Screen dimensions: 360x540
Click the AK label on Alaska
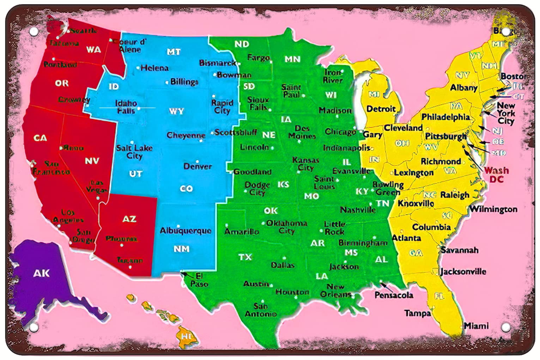pyautogui.click(x=42, y=273)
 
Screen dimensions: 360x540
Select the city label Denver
pyautogui.click(x=198, y=166)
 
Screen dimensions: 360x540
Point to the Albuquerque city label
pyautogui.click(x=186, y=231)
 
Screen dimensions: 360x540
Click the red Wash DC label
pyautogui.click(x=496, y=175)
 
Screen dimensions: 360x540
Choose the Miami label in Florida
pyautogui.click(x=476, y=326)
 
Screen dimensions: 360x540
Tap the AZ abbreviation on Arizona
pyautogui.click(x=129, y=219)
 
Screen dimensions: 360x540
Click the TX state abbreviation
pyautogui.click(x=245, y=257)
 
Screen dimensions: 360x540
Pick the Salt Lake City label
pyautogui.click(x=134, y=152)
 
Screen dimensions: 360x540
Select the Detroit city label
pyautogui.click(x=381, y=109)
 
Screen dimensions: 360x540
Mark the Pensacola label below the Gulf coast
pyautogui.click(x=394, y=295)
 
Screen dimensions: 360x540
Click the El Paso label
pyautogui.click(x=199, y=280)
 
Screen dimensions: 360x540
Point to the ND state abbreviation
pyautogui.click(x=242, y=44)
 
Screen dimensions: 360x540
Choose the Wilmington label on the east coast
pyautogui.click(x=493, y=209)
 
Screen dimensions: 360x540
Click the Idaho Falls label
pyautogui.click(x=126, y=107)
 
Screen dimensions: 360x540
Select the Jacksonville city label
pyautogui.click(x=463, y=271)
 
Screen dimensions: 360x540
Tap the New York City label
pyautogui.click(x=506, y=113)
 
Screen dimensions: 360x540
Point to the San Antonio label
pyautogui.click(x=261, y=310)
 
